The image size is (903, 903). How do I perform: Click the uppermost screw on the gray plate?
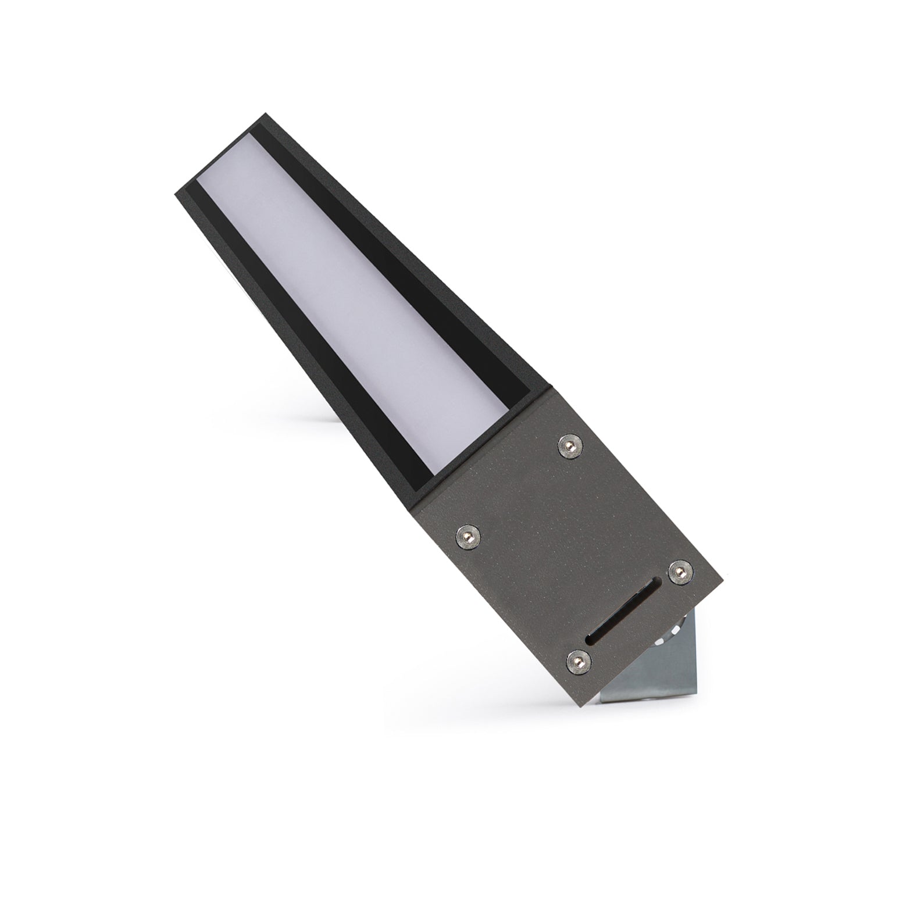coord(569,446)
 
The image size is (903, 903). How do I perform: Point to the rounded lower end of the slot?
coord(591,640)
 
